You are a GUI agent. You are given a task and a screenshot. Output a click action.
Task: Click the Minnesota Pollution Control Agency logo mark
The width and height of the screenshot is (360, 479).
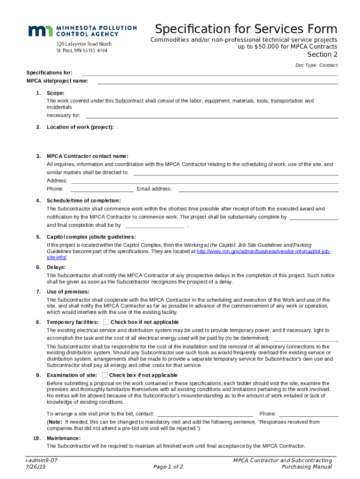point(41,31)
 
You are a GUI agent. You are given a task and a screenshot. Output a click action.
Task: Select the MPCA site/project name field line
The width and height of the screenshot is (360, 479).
point(217,81)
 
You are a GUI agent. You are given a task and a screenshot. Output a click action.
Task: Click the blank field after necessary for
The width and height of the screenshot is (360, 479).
point(212,116)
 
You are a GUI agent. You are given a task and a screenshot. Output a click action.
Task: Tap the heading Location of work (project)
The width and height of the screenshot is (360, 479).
point(80,127)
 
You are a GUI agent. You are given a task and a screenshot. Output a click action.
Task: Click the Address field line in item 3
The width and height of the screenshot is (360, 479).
point(204,181)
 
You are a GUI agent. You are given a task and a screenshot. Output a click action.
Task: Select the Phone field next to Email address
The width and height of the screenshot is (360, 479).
point(102,189)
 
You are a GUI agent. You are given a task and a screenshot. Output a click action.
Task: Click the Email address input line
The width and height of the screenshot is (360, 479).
point(258,189)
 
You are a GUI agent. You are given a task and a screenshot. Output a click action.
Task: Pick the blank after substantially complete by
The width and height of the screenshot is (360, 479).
point(314,217)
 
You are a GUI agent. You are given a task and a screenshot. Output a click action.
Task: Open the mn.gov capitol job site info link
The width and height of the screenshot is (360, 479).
point(264,252)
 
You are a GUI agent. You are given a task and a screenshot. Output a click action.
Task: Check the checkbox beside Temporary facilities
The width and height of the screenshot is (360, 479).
point(106,322)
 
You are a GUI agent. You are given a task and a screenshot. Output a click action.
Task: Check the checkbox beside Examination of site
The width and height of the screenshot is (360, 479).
point(105,375)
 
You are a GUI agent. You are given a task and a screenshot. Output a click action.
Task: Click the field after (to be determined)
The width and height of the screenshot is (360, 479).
point(306,338)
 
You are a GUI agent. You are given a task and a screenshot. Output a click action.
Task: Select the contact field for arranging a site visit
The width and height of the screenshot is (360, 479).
point(206,414)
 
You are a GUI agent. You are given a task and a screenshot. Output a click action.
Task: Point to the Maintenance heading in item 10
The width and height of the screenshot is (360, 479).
point(64,438)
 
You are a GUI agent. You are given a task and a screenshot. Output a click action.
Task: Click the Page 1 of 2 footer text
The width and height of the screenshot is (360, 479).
point(168,467)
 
